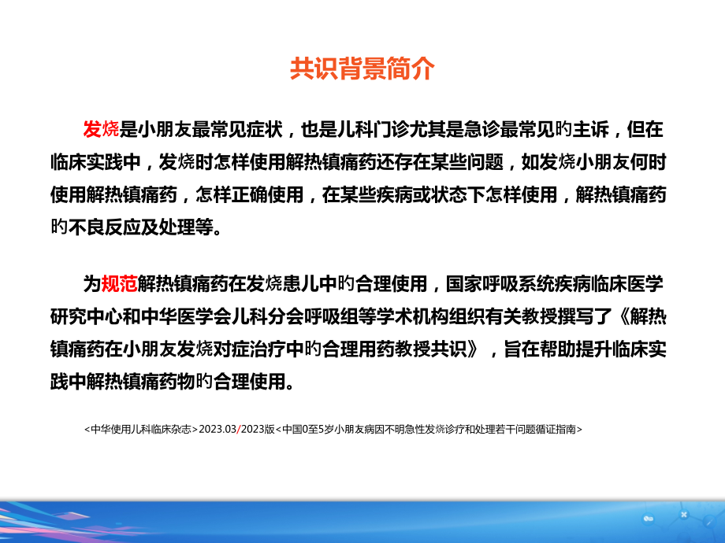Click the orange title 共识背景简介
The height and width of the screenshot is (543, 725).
362,69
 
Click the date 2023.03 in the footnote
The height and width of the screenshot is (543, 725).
220,430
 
